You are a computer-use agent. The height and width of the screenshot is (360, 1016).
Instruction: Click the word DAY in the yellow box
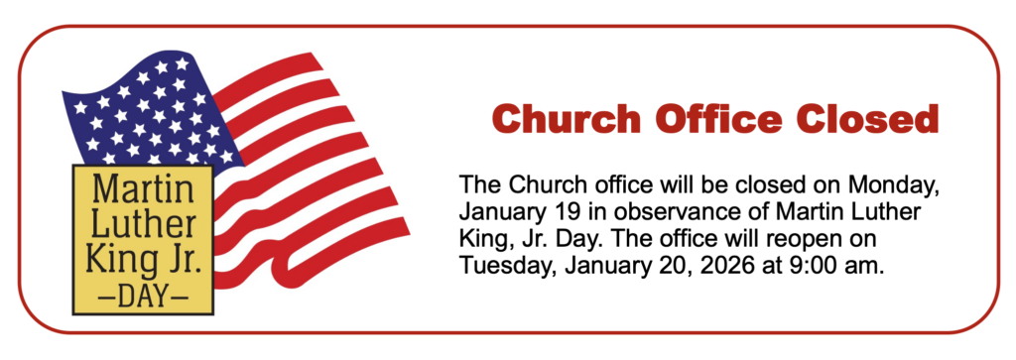pos(143,298)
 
